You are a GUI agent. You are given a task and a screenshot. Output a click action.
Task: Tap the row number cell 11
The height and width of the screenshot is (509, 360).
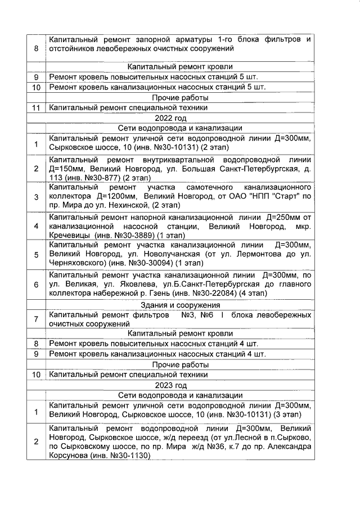[36, 107]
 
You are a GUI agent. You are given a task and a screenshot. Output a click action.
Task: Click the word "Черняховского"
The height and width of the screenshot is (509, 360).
[76, 264]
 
